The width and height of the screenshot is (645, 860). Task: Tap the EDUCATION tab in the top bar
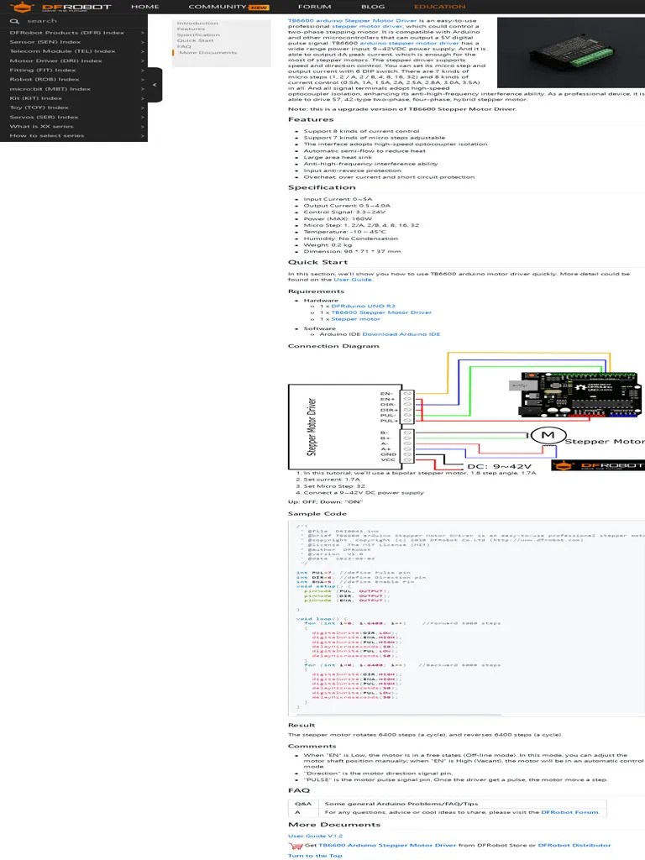click(x=439, y=7)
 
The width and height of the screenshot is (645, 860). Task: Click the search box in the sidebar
click(x=76, y=21)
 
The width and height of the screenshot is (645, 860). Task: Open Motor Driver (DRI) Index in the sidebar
click(x=55, y=60)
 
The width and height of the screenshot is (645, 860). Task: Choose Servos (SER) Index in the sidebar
click(x=44, y=117)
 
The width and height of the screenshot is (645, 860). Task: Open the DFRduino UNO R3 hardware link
click(x=363, y=307)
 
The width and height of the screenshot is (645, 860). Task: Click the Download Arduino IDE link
click(x=401, y=334)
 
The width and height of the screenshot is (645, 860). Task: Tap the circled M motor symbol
click(x=548, y=434)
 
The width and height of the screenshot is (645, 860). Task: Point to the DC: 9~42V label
click(x=500, y=467)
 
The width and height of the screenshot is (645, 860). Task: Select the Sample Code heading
click(x=317, y=513)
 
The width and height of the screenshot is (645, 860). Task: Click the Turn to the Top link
click(x=315, y=855)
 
